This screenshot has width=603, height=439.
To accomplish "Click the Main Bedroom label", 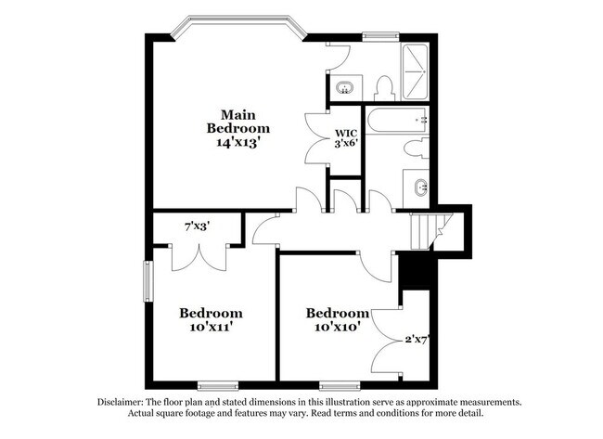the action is (238, 122).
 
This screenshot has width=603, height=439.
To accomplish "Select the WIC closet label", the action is (346, 133).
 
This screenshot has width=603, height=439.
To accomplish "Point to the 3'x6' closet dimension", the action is (346, 143).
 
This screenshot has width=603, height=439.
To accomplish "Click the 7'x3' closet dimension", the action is (197, 226).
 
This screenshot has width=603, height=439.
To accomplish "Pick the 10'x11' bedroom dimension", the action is (212, 327).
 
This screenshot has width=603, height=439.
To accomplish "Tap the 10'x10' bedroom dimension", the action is (338, 327).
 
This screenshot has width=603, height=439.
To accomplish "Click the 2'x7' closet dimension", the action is (417, 340).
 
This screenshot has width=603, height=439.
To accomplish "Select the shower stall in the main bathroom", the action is (415, 72).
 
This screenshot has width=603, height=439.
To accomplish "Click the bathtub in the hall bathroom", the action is (396, 120).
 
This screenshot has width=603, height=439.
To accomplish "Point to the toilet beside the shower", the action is (384, 88).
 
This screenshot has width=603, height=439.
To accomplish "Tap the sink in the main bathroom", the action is (344, 88).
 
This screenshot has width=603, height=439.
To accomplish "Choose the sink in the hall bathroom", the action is (421, 187).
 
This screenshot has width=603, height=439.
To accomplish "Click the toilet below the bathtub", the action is (417, 148).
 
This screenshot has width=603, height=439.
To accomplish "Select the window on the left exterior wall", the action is (148, 281).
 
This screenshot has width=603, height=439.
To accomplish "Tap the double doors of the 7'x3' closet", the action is (199, 257).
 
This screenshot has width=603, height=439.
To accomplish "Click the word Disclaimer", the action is (121, 403).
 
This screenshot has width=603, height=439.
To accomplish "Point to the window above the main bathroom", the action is (380, 37).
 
